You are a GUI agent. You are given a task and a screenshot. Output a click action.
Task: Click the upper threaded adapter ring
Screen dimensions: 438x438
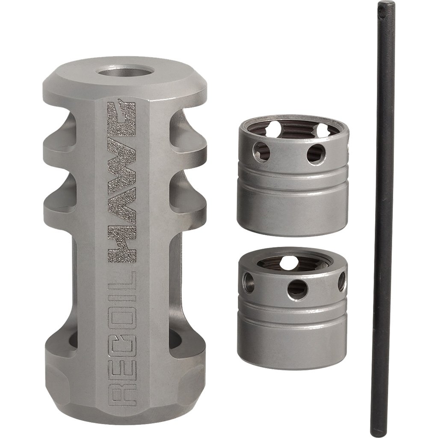(x=293, y=175)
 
